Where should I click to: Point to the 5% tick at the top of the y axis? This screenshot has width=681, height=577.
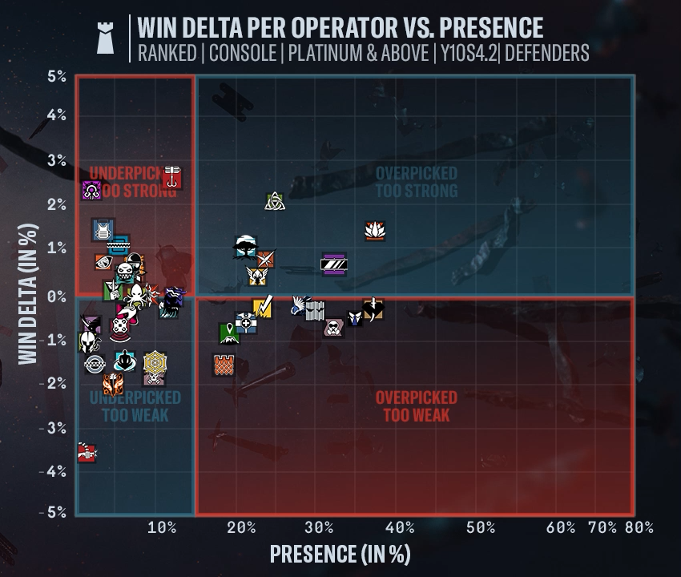(x=56, y=77)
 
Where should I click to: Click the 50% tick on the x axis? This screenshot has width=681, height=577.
(x=480, y=527)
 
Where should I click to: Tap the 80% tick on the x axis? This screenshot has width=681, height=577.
(x=639, y=527)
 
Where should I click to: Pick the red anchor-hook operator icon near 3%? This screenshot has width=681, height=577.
(x=171, y=177)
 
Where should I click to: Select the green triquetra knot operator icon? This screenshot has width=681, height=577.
(x=275, y=201)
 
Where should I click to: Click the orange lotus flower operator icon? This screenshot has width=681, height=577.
(x=374, y=232)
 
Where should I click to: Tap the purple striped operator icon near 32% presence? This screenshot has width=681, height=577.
(x=333, y=264)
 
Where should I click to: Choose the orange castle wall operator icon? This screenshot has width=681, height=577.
(x=224, y=365)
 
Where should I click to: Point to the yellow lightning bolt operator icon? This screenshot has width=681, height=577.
(x=263, y=307)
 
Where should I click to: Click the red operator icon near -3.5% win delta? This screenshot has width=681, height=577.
(x=87, y=454)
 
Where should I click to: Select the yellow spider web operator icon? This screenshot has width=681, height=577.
(x=155, y=363)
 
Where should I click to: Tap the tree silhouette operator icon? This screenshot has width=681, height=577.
(x=245, y=246)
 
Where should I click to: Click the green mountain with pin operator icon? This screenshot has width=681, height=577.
(x=229, y=333)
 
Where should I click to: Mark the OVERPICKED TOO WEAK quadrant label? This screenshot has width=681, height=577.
(x=416, y=406)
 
